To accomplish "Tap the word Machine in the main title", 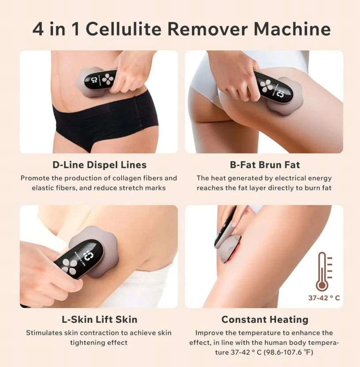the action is [292, 29].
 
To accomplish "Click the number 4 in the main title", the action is [38, 29].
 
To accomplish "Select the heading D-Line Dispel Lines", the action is [100, 165].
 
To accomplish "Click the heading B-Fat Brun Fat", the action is [264, 165].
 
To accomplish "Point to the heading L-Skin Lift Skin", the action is [100, 320].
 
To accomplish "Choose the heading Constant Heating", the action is [264, 320].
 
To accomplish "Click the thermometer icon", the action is [324, 271].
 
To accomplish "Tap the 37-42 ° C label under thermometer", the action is [324, 298].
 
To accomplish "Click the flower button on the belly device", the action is [108, 79].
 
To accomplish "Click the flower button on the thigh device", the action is [266, 86].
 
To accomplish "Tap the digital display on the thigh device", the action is [280, 93].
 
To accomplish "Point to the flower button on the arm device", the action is [70, 267].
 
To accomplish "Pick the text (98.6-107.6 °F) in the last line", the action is [288, 352].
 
